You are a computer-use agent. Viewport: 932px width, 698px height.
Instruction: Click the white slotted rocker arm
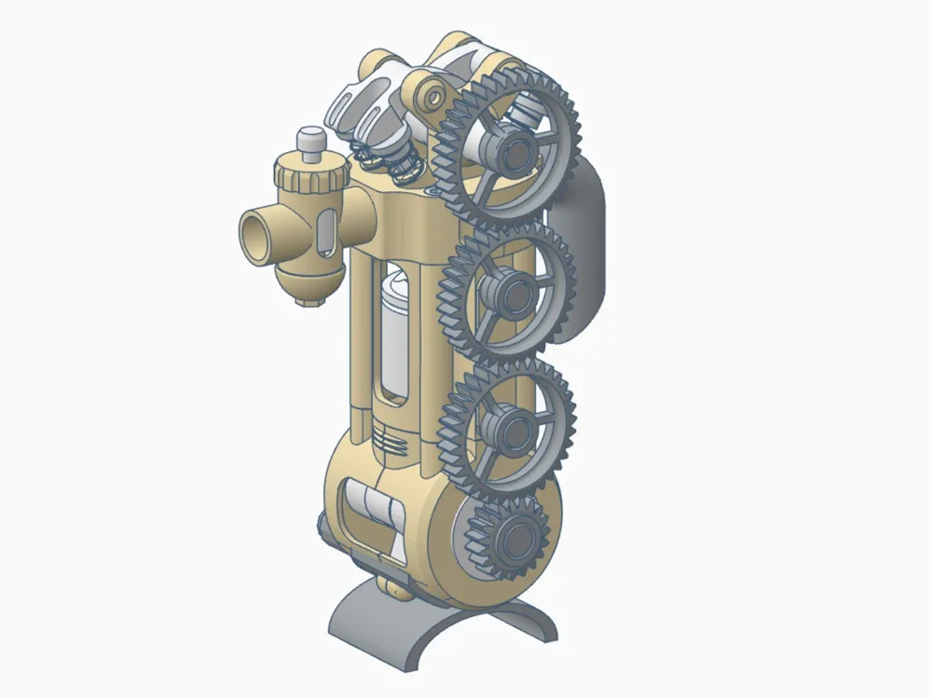coord(359,106)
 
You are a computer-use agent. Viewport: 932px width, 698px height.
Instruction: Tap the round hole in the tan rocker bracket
coord(434,96)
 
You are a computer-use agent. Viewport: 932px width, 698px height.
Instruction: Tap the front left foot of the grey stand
coord(369,643)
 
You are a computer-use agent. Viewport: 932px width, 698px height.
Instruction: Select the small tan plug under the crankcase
coord(398,586)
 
